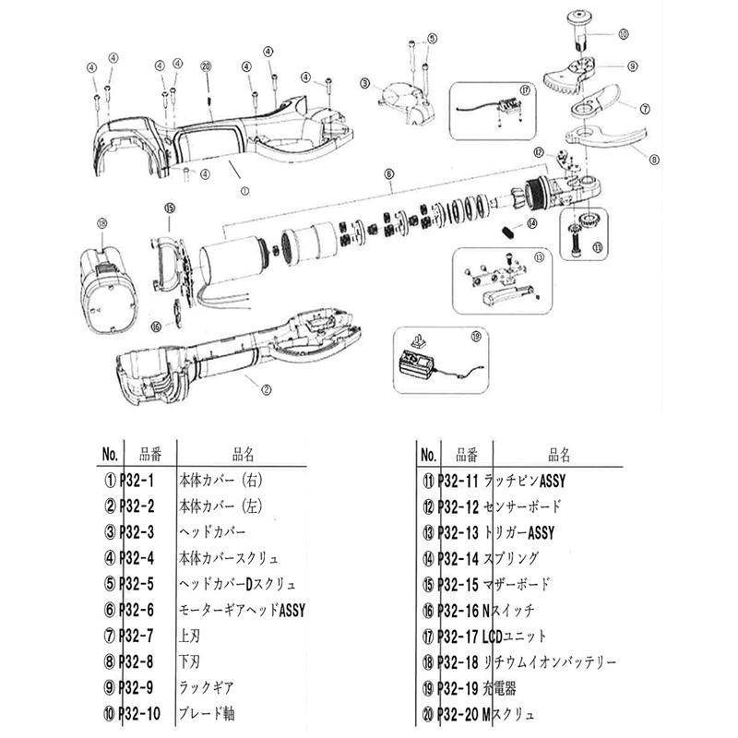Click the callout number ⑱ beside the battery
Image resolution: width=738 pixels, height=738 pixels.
(101, 221)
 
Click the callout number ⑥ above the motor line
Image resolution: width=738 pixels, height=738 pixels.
(389, 173)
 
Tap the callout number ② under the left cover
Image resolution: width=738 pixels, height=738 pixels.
(267, 389)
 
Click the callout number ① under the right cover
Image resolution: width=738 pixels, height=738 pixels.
(244, 191)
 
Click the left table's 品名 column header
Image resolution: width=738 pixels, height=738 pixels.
(243, 455)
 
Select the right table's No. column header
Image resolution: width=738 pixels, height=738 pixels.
(427, 455)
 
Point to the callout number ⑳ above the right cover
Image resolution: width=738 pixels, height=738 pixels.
(207, 66)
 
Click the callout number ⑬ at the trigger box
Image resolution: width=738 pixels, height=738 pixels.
(539, 259)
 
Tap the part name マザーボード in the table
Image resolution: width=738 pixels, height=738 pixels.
(523, 584)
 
